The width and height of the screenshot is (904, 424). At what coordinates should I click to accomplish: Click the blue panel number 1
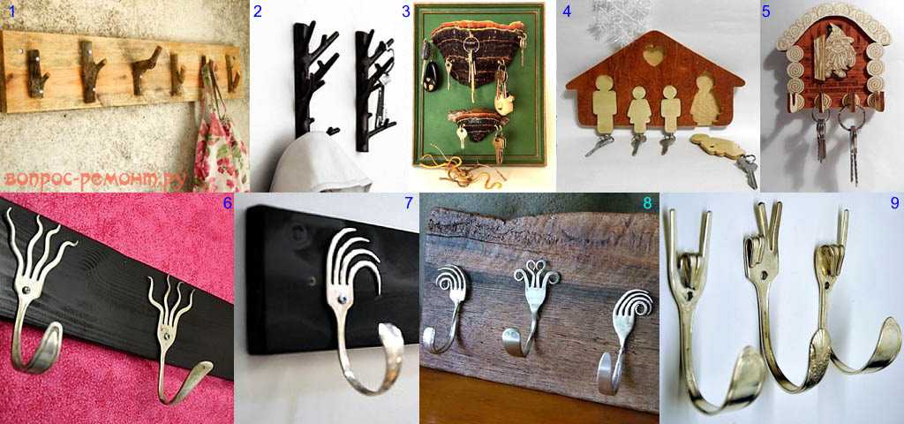(5, 10)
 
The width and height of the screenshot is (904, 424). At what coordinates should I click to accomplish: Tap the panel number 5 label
(765, 11)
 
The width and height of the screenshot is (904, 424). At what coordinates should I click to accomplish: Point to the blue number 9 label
(894, 203)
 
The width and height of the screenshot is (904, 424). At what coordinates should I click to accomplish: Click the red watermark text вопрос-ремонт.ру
(95, 180)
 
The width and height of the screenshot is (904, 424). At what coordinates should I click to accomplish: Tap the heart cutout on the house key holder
(652, 57)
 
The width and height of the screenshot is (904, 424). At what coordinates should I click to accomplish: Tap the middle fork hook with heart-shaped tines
(529, 306)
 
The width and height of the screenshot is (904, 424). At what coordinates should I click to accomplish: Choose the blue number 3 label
(406, 11)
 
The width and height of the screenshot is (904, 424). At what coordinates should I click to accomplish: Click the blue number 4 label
(567, 11)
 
